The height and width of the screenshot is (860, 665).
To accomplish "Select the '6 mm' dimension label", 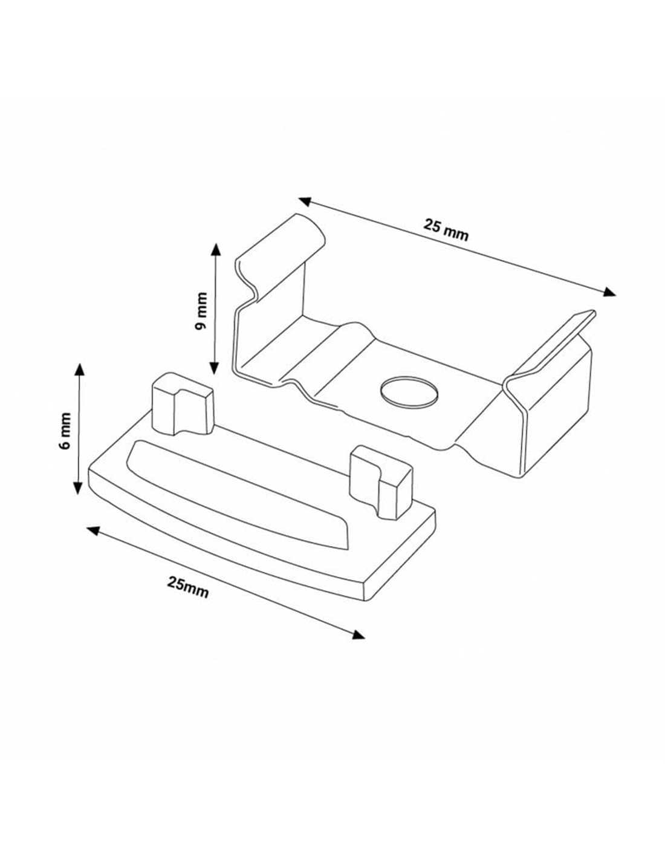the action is coord(65,431).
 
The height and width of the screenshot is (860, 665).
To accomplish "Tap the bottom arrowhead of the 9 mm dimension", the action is coord(214,368).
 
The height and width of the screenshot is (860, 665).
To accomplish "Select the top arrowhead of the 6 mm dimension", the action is coord(80,370).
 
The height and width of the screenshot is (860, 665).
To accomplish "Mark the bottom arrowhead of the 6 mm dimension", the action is coord(78,487).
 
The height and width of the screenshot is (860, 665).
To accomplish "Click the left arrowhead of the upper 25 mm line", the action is coord(304,201).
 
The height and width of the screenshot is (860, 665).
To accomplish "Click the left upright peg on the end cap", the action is coord(183,403).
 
